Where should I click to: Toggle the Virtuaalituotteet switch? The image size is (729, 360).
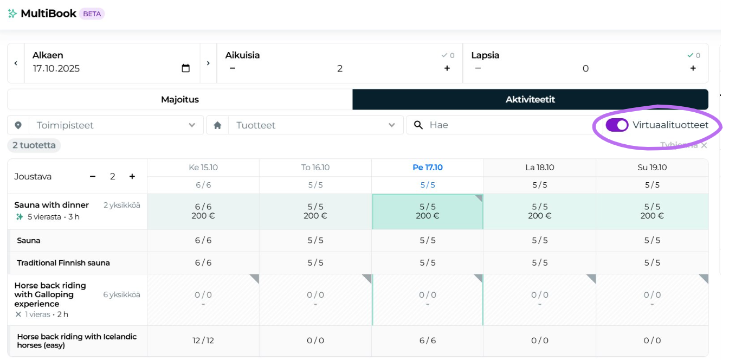click(617, 125)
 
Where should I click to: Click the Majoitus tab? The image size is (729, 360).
click(179, 100)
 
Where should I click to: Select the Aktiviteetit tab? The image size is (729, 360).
click(530, 100)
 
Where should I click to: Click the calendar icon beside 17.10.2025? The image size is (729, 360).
click(185, 68)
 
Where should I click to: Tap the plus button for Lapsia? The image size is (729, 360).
click(693, 68)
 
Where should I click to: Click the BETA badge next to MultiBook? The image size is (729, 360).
click(92, 14)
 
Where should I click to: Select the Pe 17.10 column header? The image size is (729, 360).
click(428, 168)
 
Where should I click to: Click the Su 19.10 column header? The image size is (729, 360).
click(652, 168)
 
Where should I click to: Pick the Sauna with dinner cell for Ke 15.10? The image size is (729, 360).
click(203, 211)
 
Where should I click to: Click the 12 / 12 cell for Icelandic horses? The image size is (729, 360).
click(203, 340)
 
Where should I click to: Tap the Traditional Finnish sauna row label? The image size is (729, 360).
click(63, 263)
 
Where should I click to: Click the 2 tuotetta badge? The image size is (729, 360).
click(34, 145)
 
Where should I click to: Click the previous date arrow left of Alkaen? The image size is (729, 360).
click(16, 63)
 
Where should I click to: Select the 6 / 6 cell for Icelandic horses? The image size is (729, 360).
click(428, 340)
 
